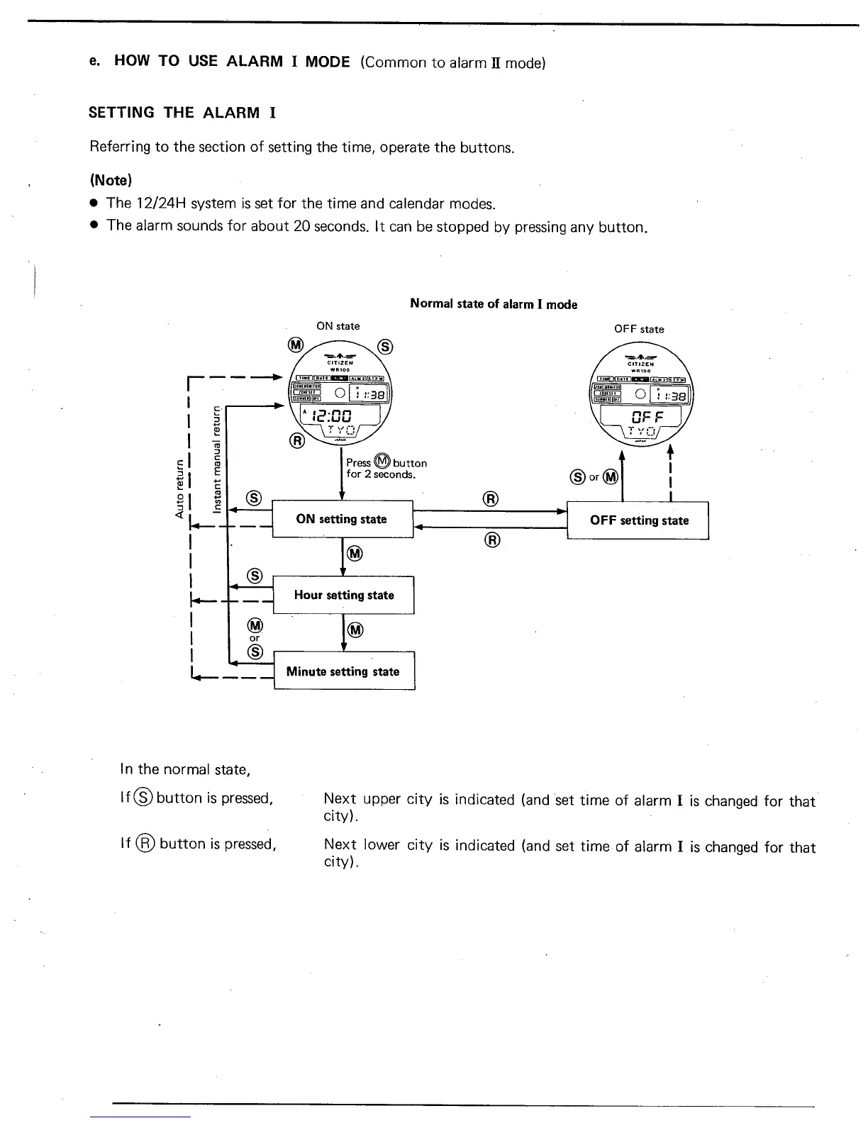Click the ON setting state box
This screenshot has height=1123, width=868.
(342, 519)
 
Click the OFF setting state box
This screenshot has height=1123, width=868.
(638, 520)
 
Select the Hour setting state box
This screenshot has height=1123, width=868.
(344, 595)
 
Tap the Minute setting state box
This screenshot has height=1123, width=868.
(343, 671)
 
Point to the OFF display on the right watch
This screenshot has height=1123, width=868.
(640, 414)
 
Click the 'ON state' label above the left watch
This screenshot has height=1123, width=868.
(338, 326)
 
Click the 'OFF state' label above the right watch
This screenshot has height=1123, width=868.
(639, 329)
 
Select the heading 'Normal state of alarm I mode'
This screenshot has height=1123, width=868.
(494, 304)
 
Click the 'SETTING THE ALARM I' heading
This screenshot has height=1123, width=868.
(182, 113)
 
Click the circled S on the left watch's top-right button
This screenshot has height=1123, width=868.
(385, 346)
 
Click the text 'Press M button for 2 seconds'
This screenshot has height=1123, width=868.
(386, 468)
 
